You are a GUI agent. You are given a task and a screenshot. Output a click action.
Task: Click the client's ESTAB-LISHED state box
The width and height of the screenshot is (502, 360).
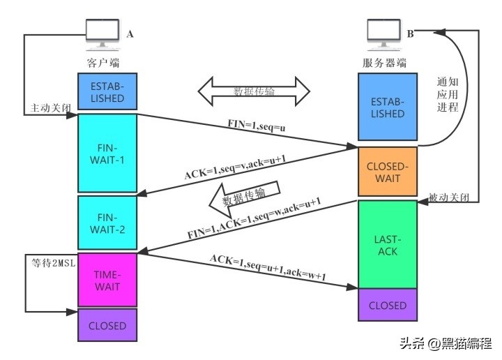pos(107,92)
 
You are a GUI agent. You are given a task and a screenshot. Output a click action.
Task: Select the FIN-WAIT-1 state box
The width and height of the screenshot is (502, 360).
pos(107,153)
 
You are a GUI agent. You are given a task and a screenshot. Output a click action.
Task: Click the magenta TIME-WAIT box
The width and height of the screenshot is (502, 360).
pos(107,280)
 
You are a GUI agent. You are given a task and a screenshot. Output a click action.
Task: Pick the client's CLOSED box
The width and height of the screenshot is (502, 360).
pos(107,326)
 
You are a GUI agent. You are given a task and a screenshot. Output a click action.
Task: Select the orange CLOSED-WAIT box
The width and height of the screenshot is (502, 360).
pos(387,172)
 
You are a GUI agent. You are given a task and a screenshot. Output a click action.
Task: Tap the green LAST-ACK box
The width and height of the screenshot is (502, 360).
pos(387,243)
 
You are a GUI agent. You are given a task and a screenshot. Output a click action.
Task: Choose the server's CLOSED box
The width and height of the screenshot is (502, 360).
pos(387,305)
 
